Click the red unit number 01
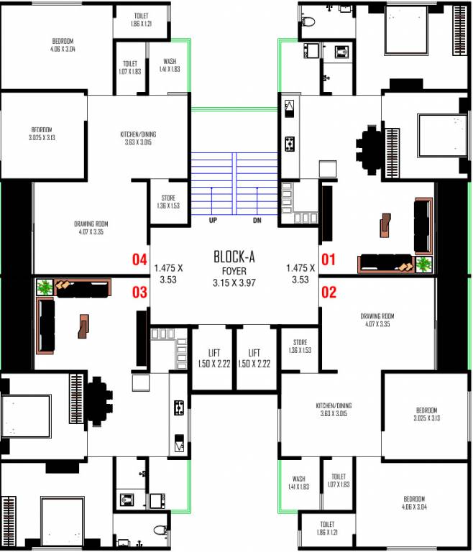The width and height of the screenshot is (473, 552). click(x=327, y=259)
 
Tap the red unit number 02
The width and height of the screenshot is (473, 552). click(x=327, y=292)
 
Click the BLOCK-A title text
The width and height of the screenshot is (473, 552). click(x=234, y=257)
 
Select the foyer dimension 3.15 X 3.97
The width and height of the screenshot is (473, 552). click(x=234, y=283)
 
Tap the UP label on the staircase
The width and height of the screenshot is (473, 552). click(x=213, y=221)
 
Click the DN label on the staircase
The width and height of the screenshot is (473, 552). click(x=257, y=221)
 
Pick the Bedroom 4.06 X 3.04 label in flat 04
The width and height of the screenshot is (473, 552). click(x=63, y=45)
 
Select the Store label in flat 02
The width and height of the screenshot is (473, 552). click(x=300, y=346)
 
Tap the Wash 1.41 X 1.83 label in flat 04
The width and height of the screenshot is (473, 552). click(x=170, y=65)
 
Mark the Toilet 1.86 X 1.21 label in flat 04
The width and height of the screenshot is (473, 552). click(x=142, y=19)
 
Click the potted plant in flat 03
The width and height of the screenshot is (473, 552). click(x=45, y=287)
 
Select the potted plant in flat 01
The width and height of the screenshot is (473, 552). click(x=423, y=264)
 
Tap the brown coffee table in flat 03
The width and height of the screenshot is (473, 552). click(x=84, y=325)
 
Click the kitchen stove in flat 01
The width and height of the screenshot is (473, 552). click(x=290, y=143)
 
